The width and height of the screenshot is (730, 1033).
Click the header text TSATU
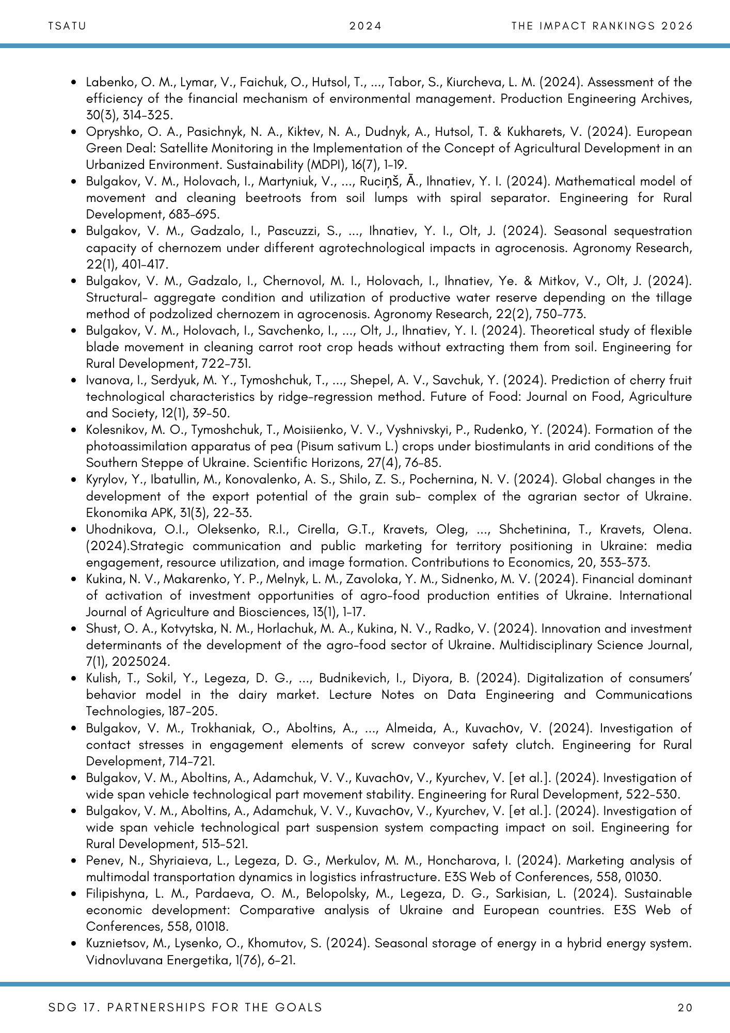click(x=67, y=26)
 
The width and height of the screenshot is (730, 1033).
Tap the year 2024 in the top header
click(x=365, y=26)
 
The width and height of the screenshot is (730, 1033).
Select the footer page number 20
click(x=685, y=1007)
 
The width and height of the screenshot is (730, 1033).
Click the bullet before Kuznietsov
click(x=75, y=944)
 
